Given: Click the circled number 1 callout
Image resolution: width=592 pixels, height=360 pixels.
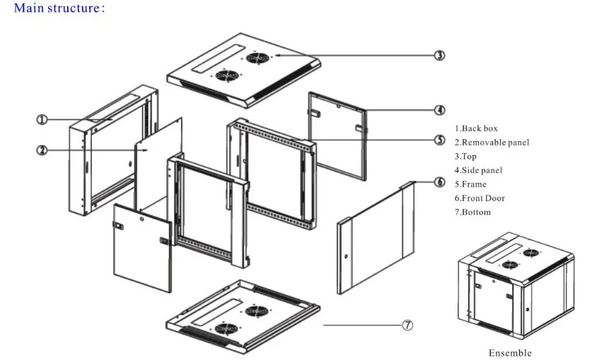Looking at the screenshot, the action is (42, 120).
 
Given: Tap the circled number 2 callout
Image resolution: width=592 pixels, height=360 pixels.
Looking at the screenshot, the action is (42, 150).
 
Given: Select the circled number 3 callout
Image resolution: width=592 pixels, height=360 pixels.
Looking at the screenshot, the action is (439, 56).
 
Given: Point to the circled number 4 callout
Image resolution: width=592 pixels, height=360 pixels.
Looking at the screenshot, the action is (439, 110).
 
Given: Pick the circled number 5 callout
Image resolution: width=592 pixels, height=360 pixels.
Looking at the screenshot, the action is (439, 140).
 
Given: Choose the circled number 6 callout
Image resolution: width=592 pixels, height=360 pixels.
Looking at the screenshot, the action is (439, 182).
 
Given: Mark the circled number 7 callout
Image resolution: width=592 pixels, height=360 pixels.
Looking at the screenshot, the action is (408, 325).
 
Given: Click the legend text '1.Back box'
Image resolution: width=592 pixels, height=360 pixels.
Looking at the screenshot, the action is (476, 128).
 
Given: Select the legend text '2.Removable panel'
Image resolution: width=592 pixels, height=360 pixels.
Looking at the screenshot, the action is (492, 143).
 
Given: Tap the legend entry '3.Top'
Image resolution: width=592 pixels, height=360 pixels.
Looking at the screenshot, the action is (466, 156).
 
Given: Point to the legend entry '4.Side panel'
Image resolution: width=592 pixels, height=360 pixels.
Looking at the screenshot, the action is (478, 170).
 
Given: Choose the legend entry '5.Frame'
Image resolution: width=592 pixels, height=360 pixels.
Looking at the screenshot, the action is (470, 184).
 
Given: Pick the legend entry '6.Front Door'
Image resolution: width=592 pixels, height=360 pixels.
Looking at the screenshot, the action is (480, 198).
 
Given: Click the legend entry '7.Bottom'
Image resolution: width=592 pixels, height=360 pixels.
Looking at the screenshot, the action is (473, 212).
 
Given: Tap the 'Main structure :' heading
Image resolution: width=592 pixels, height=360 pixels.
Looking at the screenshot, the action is (59, 8).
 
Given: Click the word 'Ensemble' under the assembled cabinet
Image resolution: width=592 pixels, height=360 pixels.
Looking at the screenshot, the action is (510, 353).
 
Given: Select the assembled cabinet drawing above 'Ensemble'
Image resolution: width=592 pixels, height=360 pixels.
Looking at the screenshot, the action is (516, 286).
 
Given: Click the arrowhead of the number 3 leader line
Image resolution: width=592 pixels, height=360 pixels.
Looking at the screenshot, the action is (277, 56).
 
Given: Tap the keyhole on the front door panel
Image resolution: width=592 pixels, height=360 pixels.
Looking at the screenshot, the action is (346, 257).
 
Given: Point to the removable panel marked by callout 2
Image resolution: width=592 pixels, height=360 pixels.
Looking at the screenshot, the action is (158, 166).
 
